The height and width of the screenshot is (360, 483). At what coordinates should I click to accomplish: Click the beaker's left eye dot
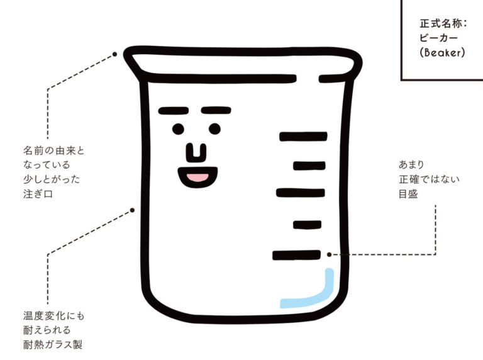[x=178, y=129]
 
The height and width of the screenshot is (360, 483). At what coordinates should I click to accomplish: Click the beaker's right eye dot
[x=214, y=129]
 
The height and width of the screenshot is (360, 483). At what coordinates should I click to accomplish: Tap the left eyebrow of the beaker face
[x=174, y=111]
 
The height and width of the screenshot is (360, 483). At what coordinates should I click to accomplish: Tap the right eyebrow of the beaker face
[x=216, y=110]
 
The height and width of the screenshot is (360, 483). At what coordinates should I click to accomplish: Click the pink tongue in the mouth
[x=197, y=178]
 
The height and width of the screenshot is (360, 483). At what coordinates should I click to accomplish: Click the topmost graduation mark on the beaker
[x=303, y=137]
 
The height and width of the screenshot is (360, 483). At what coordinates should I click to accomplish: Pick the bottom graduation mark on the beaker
[x=296, y=255]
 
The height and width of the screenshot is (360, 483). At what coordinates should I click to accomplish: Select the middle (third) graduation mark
[x=301, y=193]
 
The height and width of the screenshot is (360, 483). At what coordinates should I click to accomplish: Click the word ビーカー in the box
[x=438, y=38]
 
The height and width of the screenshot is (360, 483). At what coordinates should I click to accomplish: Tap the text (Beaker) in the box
[x=442, y=52]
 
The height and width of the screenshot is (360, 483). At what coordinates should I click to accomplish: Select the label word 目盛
[x=408, y=194]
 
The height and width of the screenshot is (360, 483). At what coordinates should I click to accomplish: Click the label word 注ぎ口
[x=38, y=194]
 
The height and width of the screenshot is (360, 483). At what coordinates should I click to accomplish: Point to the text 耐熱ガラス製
[x=53, y=344]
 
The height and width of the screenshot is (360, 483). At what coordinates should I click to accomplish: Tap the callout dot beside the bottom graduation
[x=330, y=255]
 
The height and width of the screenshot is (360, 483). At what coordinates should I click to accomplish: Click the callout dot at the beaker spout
[x=114, y=54]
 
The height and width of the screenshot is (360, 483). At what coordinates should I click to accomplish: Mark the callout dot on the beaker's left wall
[x=132, y=210]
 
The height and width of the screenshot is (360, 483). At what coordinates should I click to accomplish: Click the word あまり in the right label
[x=411, y=165]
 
